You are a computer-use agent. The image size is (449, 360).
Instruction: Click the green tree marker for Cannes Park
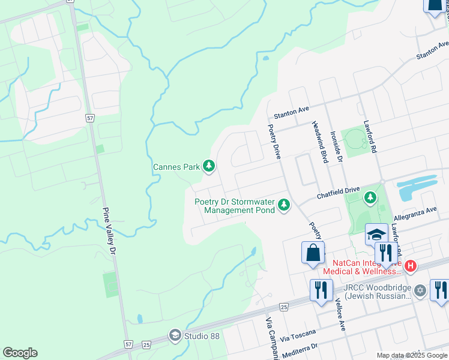[208, 166]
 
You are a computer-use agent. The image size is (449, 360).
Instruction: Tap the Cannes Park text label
[176, 167]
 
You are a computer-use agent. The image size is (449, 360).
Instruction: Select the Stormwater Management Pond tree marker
[283, 206]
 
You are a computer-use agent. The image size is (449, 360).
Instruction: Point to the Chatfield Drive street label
[339, 192]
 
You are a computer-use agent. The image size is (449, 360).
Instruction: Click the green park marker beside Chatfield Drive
[371, 196]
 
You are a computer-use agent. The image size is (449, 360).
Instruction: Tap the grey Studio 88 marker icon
[175, 335]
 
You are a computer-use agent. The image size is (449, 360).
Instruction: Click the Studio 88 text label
[202, 335]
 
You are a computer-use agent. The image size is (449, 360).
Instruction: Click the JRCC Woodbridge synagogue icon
[420, 290]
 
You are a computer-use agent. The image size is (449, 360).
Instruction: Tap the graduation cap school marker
[376, 234]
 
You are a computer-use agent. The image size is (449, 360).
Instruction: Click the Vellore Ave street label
[342, 315]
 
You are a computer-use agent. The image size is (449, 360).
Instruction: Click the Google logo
[20, 353]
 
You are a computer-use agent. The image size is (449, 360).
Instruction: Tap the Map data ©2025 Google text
[412, 355]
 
